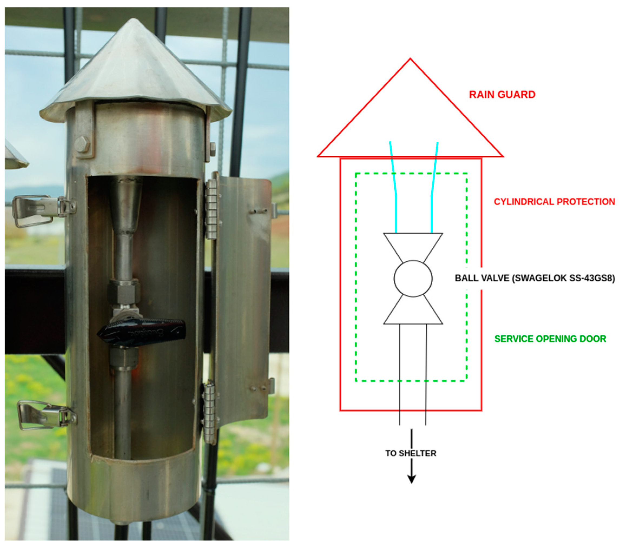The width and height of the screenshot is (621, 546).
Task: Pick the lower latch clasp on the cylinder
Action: coord(47,415)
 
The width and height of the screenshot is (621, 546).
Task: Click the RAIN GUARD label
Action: coord(502,95)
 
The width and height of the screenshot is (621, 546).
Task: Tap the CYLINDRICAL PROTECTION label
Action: coord(554,202)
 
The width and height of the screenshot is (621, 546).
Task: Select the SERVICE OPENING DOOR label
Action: coord(550,339)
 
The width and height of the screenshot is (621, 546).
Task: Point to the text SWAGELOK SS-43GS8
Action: coord(564,278)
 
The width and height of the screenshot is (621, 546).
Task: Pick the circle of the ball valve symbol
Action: coord(413,278)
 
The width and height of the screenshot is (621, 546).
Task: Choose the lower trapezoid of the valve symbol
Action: coord(413,311)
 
